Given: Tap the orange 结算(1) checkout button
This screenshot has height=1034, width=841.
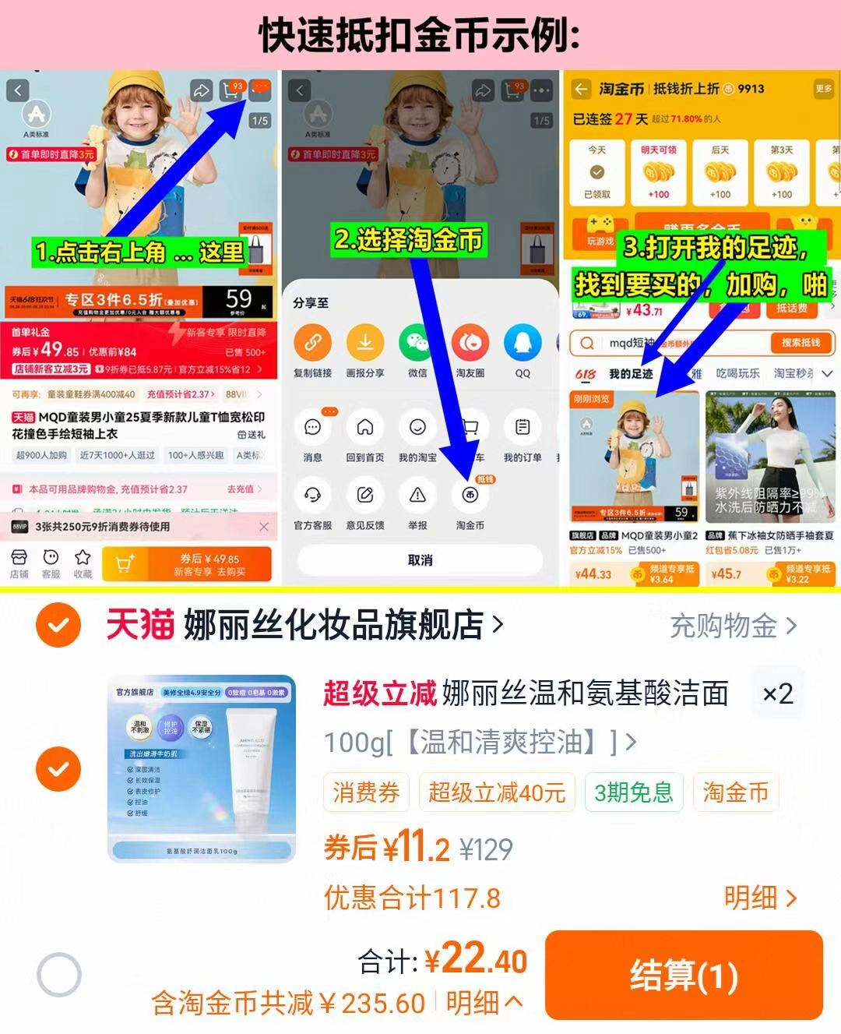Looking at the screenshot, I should [x=684, y=975].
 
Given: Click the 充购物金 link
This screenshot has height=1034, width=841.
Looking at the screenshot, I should [x=733, y=626].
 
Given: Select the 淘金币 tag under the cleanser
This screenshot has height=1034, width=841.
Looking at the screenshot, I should [x=735, y=792].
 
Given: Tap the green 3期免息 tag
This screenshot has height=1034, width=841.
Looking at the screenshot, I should [x=633, y=792].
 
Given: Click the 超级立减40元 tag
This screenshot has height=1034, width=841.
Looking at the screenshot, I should [x=496, y=792].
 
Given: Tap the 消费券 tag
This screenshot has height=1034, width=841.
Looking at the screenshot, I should [x=366, y=792].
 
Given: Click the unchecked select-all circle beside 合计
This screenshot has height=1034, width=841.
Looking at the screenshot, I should [x=59, y=975].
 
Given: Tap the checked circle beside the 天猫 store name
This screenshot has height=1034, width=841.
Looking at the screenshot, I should [x=58, y=625].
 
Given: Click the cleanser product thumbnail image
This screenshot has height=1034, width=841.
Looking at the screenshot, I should [x=202, y=768].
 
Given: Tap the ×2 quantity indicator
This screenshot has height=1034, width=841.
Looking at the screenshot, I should [x=776, y=693].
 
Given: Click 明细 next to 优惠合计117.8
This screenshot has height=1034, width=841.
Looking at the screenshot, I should [x=759, y=898].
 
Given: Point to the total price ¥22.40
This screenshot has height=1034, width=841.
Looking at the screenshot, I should [x=476, y=960].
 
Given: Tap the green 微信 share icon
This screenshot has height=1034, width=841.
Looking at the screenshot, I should [x=418, y=343].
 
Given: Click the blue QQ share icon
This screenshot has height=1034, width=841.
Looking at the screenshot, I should [x=523, y=343].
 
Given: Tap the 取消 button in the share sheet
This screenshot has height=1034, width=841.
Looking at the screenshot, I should [x=420, y=560].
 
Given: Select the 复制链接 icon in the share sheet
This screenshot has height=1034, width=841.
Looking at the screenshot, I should [x=312, y=343].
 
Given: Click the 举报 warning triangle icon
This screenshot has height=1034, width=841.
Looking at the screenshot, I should [x=418, y=495].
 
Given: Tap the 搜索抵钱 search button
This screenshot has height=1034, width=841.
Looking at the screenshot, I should [x=801, y=343].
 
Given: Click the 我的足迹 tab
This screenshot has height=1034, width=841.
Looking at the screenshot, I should [x=630, y=374].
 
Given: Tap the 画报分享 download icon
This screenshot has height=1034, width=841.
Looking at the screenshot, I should [x=364, y=343].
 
